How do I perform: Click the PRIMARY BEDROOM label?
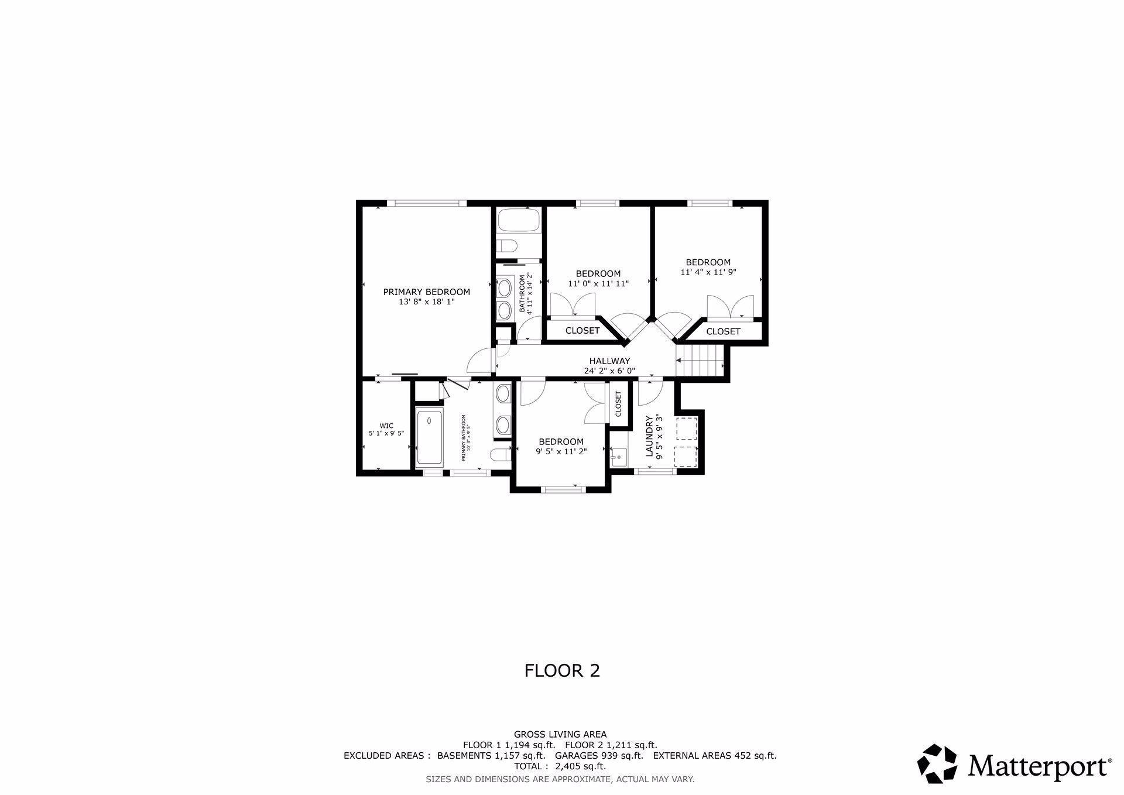pyautogui.click(x=426, y=292)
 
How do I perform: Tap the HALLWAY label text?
pyautogui.click(x=609, y=361)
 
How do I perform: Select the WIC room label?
pyautogui.click(x=386, y=426)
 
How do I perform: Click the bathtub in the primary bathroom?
pyautogui.click(x=430, y=438)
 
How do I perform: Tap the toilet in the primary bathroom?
pyautogui.click(x=499, y=455)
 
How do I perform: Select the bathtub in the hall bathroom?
pyautogui.click(x=519, y=222)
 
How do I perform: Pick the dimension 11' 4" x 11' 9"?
pyautogui.click(x=708, y=272)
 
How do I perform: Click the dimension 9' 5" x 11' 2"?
pyautogui.click(x=561, y=451)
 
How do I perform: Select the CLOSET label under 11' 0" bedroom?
pyautogui.click(x=582, y=331)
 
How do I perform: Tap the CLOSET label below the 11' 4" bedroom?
pyautogui.click(x=723, y=331)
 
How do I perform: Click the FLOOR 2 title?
pyautogui.click(x=562, y=670)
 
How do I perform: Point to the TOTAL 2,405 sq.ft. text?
pyautogui.click(x=560, y=766)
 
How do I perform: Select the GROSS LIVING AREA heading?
pyautogui.click(x=560, y=734)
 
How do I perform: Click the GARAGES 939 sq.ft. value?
pyautogui.click(x=599, y=755)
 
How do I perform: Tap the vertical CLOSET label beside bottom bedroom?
pyautogui.click(x=618, y=403)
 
